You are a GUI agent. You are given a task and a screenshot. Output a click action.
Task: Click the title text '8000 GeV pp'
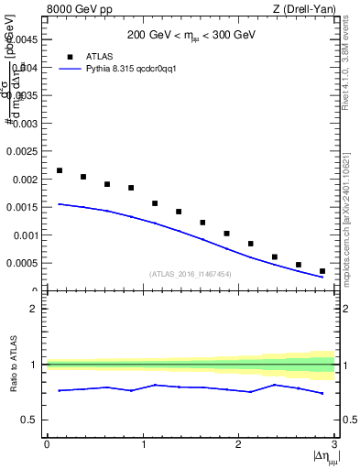(73, 9)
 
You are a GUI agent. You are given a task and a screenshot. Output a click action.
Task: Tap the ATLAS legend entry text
(100, 56)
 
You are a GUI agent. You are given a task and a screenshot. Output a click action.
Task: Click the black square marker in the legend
(70, 56)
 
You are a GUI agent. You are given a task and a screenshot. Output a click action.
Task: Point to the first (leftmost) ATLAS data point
(60, 170)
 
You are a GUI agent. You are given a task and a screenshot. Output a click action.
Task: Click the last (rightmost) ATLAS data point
(322, 271)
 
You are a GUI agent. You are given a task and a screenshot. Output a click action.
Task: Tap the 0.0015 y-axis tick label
(22, 207)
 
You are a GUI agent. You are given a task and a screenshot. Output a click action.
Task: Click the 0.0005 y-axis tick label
(22, 263)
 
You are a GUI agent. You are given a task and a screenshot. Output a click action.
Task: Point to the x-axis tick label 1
(142, 444)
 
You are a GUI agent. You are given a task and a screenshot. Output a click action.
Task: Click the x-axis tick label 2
(238, 444)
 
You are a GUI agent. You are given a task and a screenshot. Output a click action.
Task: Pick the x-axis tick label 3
(334, 444)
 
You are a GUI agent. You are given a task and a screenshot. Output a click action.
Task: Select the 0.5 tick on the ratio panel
(30, 420)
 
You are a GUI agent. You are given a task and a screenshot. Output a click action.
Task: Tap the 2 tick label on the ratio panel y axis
(35, 309)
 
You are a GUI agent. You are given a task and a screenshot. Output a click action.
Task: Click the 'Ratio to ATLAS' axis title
(12, 365)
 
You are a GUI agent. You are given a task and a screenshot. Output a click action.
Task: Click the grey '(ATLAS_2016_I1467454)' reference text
(191, 274)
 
